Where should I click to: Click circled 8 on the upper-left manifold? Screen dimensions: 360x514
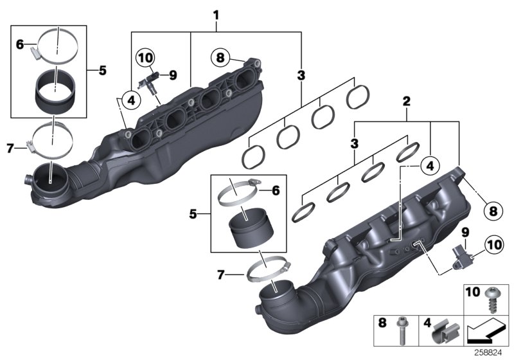(220, 58)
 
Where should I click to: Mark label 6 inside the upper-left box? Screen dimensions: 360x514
(19, 44)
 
